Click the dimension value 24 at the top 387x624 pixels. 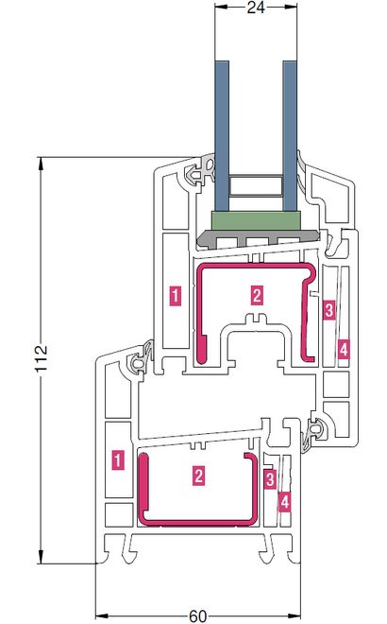click(x=256, y=8)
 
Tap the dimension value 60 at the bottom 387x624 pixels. click(x=197, y=616)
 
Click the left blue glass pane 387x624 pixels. click(x=222, y=136)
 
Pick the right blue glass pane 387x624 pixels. click(x=290, y=136)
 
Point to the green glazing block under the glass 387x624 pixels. click(x=257, y=220)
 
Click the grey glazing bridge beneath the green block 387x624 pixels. click(x=258, y=239)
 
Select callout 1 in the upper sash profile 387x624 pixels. click(x=176, y=296)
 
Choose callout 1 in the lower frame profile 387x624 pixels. click(x=118, y=459)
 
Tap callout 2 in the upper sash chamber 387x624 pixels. click(x=257, y=296)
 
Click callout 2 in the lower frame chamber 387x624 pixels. click(x=199, y=476)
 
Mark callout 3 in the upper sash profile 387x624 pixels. click(x=329, y=309)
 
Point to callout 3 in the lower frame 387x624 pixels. click(x=270, y=478)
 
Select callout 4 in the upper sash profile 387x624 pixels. click(x=344, y=350)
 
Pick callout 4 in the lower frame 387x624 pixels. click(x=284, y=502)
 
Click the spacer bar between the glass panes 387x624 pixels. click(x=257, y=185)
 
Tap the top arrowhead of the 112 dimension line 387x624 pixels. click(x=41, y=164)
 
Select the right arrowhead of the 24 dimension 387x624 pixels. click(x=291, y=7)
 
